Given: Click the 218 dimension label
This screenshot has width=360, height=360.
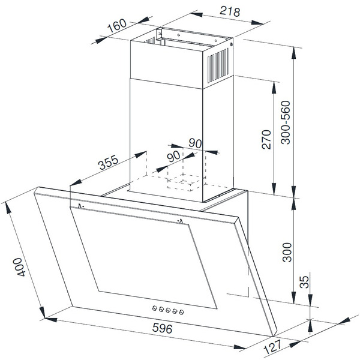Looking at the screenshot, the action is (230, 11).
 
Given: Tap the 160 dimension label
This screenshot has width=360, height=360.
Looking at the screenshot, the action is (117, 25).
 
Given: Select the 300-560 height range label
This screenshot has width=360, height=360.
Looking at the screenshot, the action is (286, 122).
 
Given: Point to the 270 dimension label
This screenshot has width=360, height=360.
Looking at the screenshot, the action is (266, 140).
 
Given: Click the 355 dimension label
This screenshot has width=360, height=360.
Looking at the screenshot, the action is (108, 162).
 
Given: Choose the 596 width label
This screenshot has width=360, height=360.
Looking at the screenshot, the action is (162, 328).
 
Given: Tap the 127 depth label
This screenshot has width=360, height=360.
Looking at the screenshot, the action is (272, 347).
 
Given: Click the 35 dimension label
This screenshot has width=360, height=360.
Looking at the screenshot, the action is (305, 282).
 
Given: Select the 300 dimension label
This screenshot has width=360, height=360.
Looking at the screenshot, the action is (287, 252).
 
